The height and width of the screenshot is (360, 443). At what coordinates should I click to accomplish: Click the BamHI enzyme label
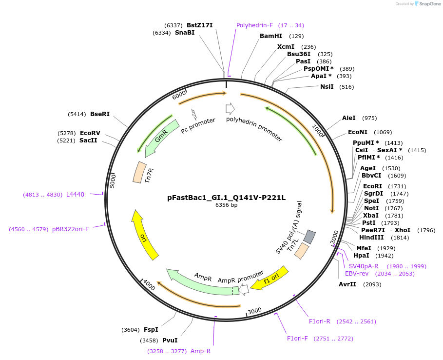(271, 36)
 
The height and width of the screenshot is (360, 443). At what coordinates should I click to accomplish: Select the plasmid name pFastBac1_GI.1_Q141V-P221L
(226, 198)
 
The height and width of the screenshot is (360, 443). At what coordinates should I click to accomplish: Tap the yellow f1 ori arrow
(272, 279)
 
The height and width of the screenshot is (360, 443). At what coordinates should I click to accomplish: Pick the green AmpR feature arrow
(200, 282)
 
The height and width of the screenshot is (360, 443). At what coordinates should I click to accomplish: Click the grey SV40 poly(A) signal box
(309, 237)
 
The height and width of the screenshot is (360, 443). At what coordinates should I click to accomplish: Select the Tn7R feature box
(140, 172)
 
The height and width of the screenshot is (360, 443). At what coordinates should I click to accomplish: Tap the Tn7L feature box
(302, 251)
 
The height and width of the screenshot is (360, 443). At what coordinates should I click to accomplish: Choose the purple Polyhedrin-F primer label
(254, 25)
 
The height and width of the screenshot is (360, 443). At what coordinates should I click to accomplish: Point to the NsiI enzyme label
(327, 87)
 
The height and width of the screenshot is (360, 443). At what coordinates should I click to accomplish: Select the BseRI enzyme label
(100, 114)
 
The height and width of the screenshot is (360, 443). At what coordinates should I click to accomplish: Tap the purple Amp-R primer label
(200, 351)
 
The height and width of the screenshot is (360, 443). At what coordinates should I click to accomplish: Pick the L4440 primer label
(75, 195)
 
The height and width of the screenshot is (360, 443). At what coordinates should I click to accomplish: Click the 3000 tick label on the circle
(255, 311)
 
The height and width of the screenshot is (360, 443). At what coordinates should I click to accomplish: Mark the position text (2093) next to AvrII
(372, 284)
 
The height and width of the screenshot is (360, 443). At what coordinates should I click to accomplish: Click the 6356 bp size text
(226, 205)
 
